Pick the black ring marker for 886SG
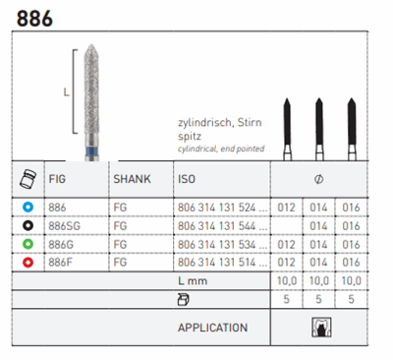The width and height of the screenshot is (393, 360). pos(29,226)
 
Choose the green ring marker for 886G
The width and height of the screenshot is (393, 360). pos(29,242)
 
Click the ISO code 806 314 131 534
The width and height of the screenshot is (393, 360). pos(217,242)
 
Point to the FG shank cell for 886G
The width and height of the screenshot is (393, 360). pos(121,242)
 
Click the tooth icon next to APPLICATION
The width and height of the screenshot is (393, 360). pos(318,328)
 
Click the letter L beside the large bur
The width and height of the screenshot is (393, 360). pos(64,93)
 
